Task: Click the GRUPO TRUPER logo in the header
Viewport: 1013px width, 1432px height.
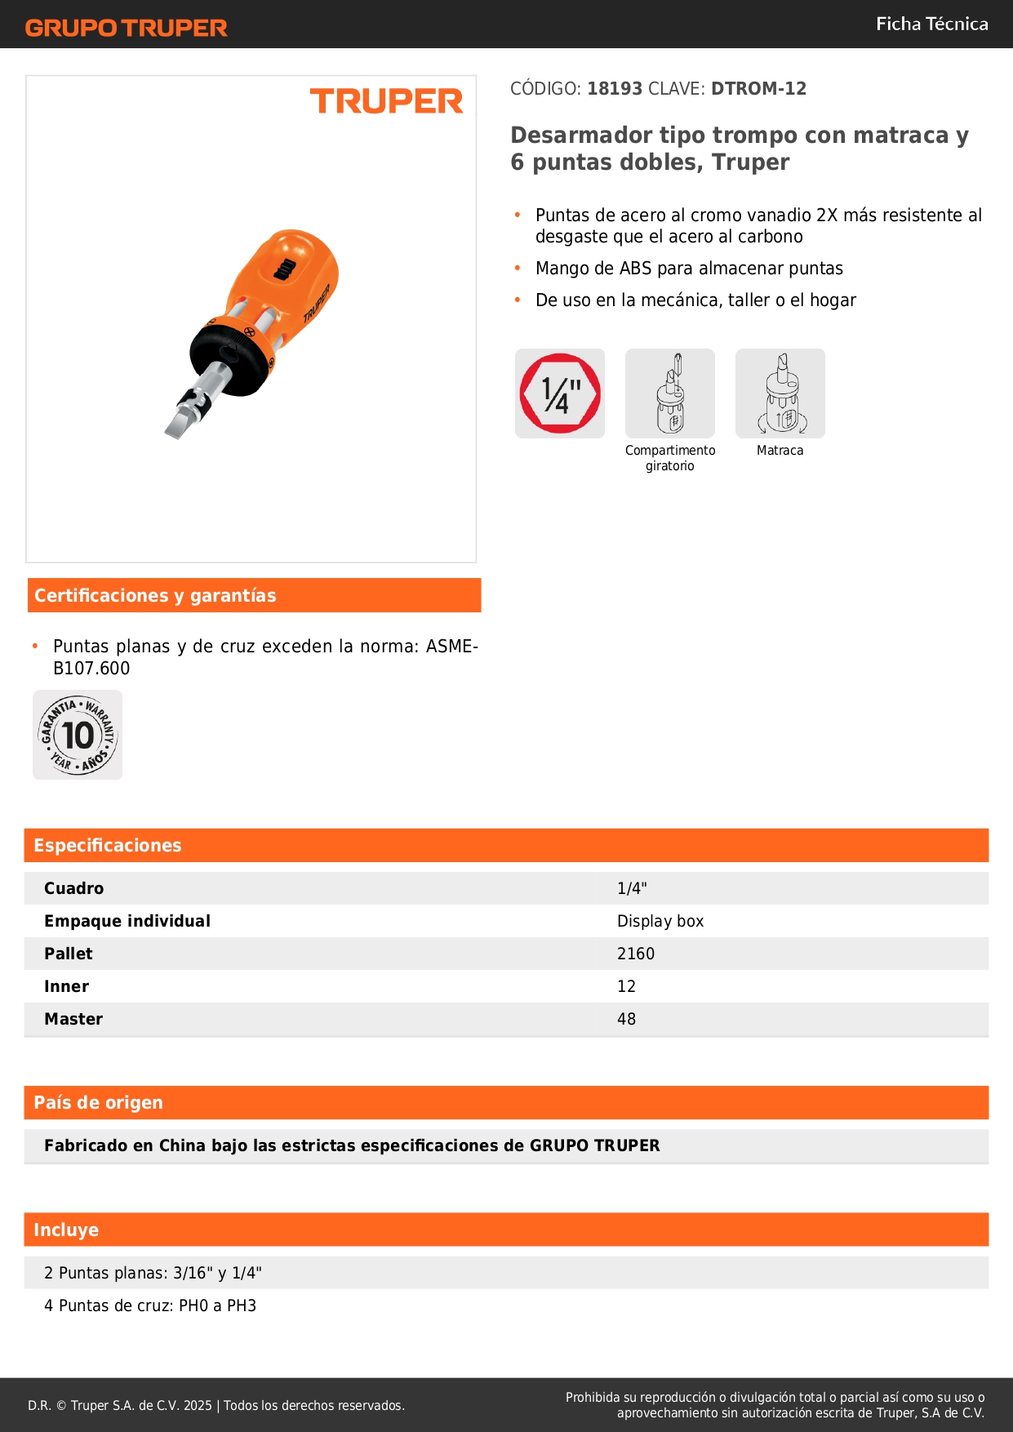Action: click(x=127, y=28)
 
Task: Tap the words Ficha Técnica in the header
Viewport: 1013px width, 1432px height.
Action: click(x=931, y=24)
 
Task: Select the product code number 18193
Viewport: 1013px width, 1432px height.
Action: click(x=615, y=88)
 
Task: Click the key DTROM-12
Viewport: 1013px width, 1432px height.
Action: click(x=758, y=88)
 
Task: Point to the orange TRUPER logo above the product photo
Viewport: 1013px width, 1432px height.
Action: click(x=386, y=102)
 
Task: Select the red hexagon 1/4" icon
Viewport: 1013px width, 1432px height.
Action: click(x=560, y=394)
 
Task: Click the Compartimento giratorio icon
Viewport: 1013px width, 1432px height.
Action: click(x=670, y=394)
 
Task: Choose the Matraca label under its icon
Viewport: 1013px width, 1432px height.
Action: click(x=780, y=451)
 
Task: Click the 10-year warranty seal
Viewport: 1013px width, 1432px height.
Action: click(x=78, y=735)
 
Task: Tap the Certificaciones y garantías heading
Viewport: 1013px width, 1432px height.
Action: click(x=155, y=596)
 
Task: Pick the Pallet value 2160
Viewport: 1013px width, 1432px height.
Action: click(x=636, y=954)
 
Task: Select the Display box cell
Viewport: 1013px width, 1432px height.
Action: click(x=660, y=921)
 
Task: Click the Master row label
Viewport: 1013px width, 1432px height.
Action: click(x=73, y=1019)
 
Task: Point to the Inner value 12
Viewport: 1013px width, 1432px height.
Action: click(x=626, y=986)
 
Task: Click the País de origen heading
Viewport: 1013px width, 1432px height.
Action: click(x=98, y=1103)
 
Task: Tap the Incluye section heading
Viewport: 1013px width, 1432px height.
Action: click(x=66, y=1230)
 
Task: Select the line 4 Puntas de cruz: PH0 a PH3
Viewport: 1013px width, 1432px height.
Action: click(x=150, y=1305)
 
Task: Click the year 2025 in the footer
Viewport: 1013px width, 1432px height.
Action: click(x=198, y=1405)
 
